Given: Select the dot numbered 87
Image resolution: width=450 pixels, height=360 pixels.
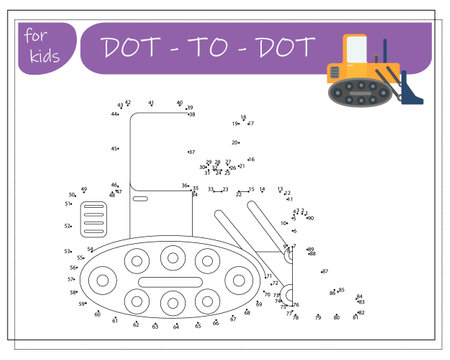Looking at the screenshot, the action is (320, 271).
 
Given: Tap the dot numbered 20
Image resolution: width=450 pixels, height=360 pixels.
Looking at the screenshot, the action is (239, 143).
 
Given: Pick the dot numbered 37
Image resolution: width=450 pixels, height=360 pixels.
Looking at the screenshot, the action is (187, 152).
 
